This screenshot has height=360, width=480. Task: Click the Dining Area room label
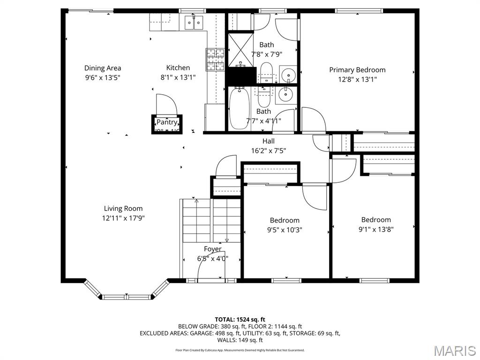(103, 68)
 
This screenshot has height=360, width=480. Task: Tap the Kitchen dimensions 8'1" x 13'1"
(178, 78)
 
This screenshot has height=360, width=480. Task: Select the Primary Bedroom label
(357, 70)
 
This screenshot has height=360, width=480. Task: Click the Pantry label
(166, 122)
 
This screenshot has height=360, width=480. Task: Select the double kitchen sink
(193, 22)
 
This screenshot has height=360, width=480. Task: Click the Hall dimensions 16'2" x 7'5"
(269, 151)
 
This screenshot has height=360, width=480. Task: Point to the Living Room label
(123, 209)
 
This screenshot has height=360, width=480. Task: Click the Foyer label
(212, 249)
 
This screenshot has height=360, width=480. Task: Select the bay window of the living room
(127, 296)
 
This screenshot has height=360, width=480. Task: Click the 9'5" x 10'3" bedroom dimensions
(285, 230)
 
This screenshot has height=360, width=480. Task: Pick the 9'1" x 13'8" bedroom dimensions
(376, 230)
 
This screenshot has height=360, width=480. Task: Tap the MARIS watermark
(454, 350)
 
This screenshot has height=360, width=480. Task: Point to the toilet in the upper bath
(266, 71)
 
